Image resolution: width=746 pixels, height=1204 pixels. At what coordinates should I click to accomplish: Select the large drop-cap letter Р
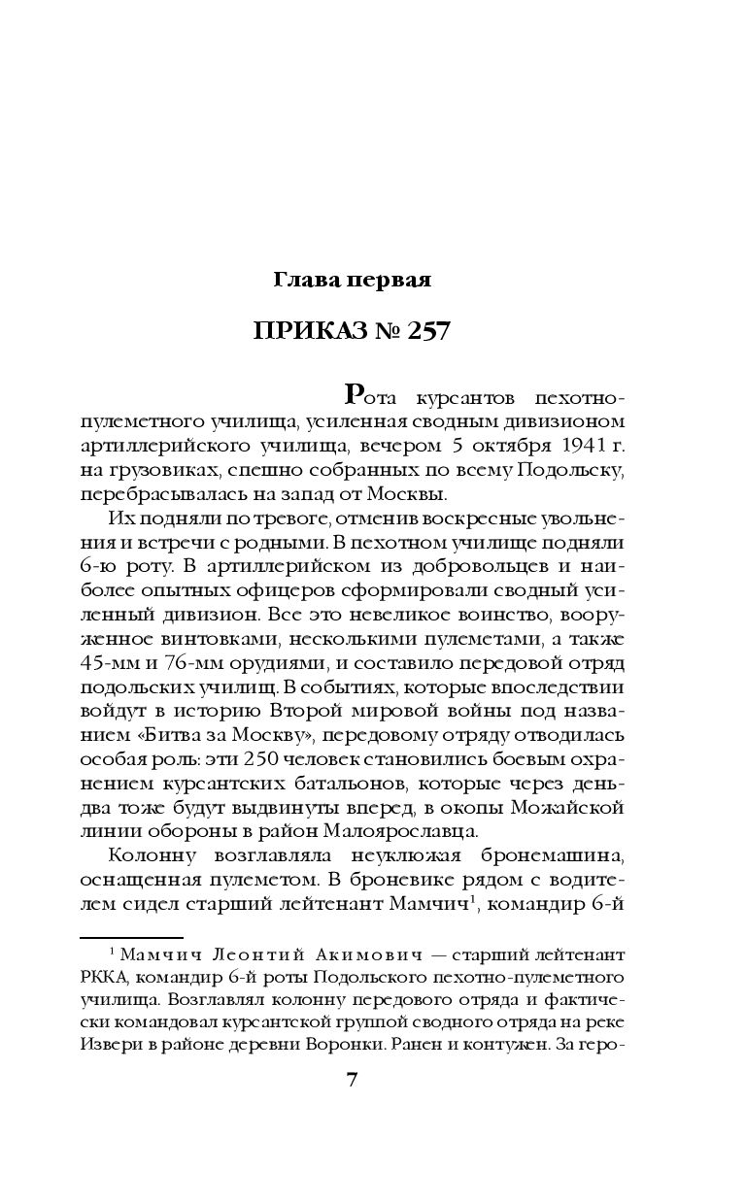coord(356,394)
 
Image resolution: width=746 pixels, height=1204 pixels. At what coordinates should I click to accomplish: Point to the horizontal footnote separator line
coord(116,938)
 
